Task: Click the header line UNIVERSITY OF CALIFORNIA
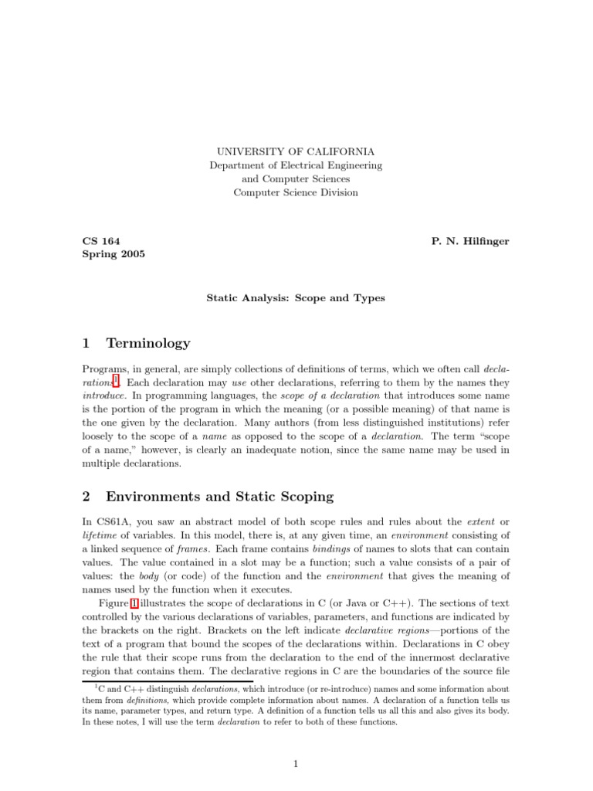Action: point(296,152)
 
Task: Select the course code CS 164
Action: point(101,241)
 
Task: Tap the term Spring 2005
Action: point(114,254)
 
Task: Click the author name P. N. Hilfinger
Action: point(469,241)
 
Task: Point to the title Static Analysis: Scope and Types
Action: point(296,297)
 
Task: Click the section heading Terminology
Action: point(147,343)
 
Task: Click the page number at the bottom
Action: point(296,764)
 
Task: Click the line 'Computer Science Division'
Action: point(296,192)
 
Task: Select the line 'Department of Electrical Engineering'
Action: point(296,165)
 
